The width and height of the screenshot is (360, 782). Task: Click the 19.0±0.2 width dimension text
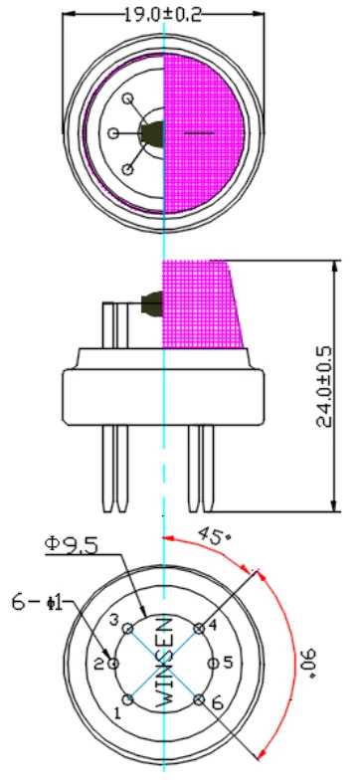163,13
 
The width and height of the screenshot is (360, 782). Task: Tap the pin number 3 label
114,622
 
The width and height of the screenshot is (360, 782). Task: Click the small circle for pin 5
212,663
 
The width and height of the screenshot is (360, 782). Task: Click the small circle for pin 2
115,663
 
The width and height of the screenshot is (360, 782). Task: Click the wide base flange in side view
164,397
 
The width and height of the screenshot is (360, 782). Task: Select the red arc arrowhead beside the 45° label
171,539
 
